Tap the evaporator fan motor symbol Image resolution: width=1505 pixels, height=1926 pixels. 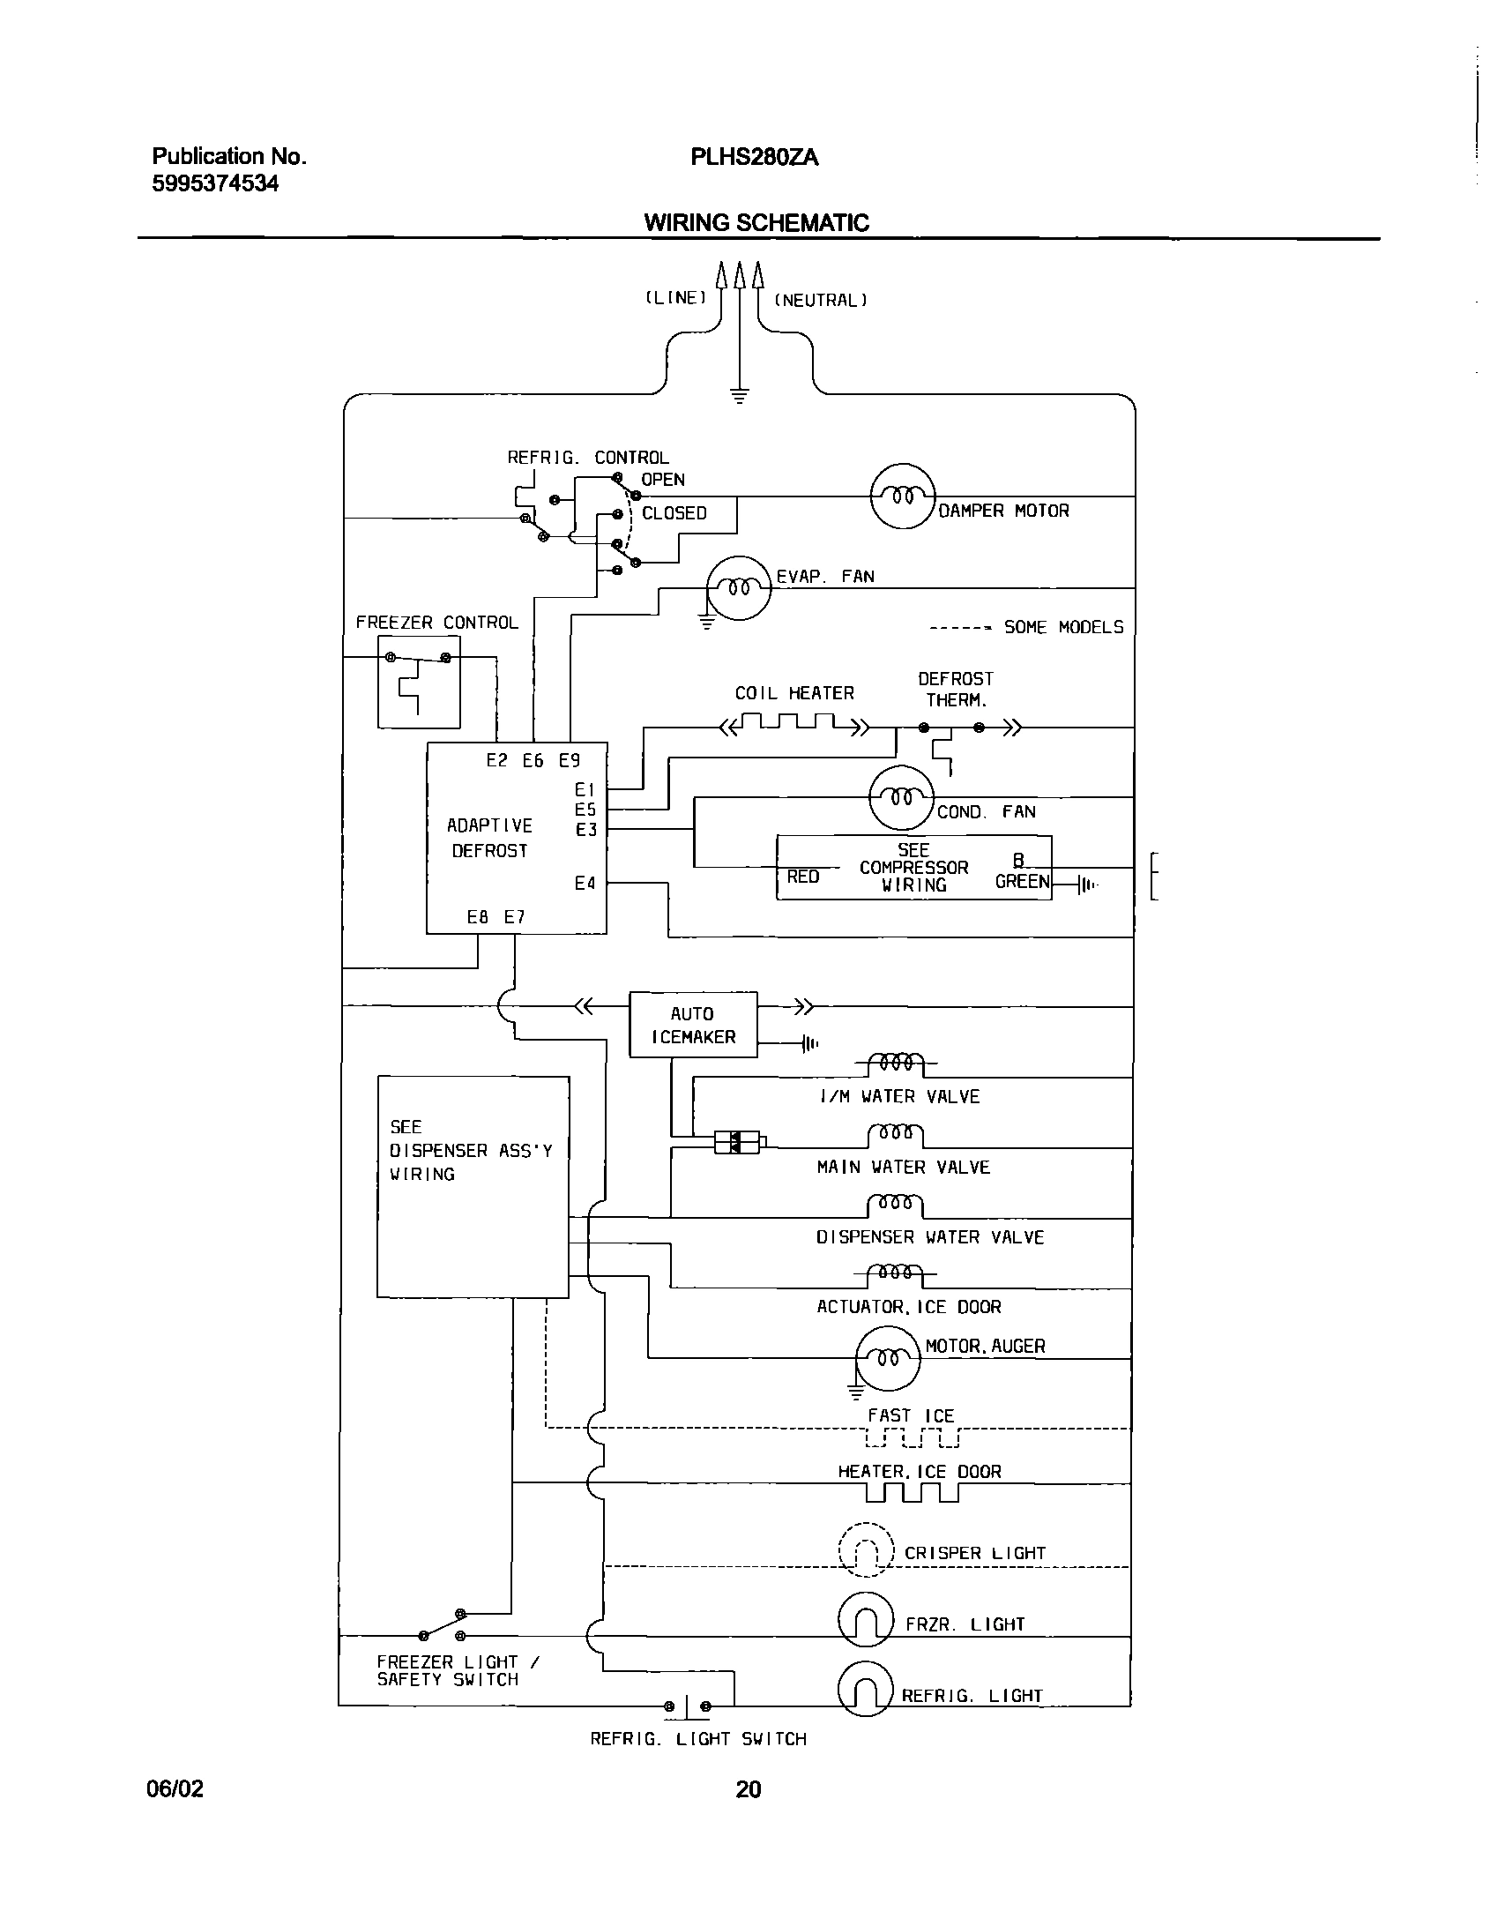pos(739,588)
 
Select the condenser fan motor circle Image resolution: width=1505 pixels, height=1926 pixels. pos(901,797)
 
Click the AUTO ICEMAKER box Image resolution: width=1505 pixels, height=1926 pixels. pos(693,1025)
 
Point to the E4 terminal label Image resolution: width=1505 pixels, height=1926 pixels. pos(585,883)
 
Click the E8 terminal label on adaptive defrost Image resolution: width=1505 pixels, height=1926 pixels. pos(478,917)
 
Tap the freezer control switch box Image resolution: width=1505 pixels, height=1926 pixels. pos(419,683)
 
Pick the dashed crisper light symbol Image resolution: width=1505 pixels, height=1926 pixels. pos(866,1550)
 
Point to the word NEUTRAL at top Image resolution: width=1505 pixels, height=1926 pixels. pos(821,301)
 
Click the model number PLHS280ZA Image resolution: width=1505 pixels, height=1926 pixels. pos(755,158)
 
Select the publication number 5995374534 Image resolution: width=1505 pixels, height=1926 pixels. pos(215,184)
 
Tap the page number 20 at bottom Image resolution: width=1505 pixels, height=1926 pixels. pos(749,1788)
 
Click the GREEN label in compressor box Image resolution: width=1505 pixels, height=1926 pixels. pos(1022,882)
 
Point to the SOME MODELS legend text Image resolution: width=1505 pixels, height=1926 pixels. pos(1063,627)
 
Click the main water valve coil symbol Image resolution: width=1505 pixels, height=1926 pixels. pos(895,1132)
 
